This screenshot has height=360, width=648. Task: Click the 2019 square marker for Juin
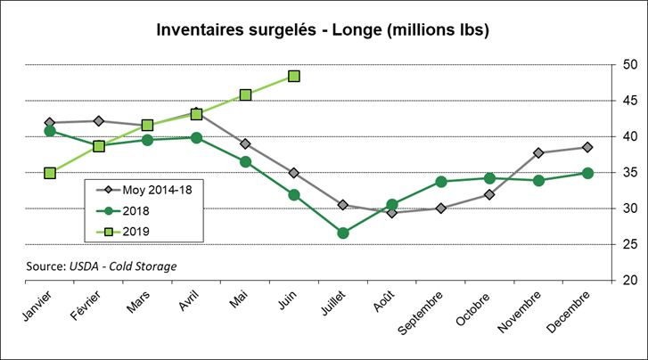(x=294, y=77)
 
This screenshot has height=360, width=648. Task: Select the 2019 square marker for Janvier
(x=50, y=173)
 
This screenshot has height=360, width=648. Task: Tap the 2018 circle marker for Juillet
(x=343, y=233)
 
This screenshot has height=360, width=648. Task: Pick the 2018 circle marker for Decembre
(x=587, y=173)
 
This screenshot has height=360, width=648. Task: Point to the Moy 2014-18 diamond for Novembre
(x=538, y=153)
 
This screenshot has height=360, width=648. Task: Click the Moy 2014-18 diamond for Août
(x=392, y=213)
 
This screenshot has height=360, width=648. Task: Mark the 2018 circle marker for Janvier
(x=50, y=131)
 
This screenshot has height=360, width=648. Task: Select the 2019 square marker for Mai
(x=245, y=94)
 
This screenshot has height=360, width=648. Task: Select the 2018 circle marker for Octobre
(x=489, y=178)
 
